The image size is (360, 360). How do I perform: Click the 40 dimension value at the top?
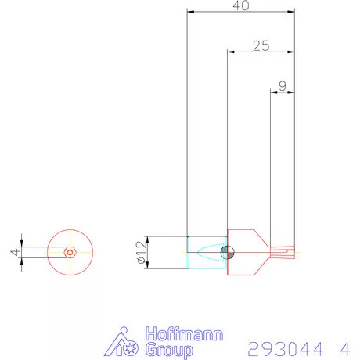[241, 5]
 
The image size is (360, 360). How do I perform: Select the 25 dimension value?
[261, 46]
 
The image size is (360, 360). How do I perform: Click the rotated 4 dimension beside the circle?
[13, 252]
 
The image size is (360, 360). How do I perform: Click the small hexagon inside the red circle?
[70, 253]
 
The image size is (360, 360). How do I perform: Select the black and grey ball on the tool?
[227, 252]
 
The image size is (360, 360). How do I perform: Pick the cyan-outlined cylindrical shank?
[207, 252]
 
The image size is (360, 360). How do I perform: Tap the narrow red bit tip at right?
[285, 252]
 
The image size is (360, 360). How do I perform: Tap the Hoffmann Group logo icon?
[123, 342]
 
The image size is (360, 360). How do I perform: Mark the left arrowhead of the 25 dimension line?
[229, 52]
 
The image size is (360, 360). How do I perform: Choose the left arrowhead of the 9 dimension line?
[272, 92]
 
